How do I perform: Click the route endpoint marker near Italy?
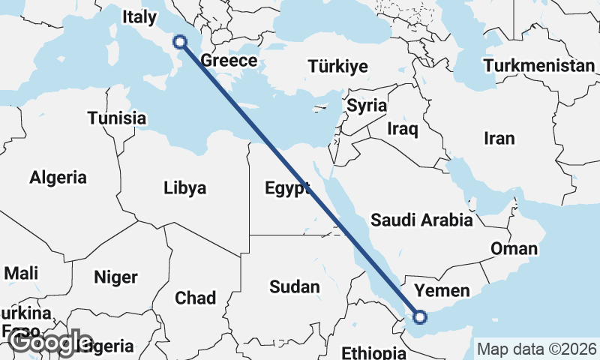coord(180,42)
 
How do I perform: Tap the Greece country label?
coord(229,61)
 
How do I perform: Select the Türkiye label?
coord(337,67)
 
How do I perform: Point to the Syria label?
coord(366,106)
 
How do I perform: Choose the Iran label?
coord(499,138)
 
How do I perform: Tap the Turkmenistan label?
coord(538,66)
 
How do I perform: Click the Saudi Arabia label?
coord(421,220)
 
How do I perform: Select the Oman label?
coord(514,249)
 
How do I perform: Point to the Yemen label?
coord(442,290)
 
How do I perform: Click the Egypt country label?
coord(287,188)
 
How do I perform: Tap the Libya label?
coord(184,188)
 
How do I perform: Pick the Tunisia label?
coord(116,118)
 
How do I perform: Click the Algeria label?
coord(58,178)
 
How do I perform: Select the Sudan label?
coord(294,286)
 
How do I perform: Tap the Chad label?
coord(195,298)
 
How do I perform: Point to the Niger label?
coord(115,277)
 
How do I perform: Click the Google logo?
coord(50,342)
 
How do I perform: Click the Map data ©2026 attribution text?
coord(536,349)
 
